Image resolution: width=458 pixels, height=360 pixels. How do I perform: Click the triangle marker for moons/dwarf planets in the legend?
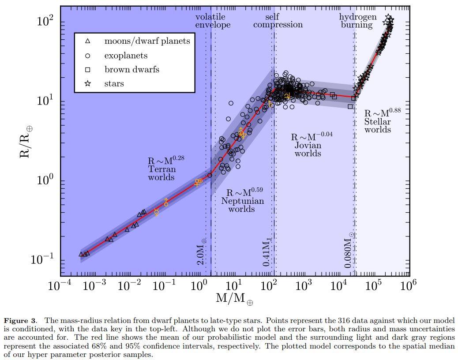click(87, 41)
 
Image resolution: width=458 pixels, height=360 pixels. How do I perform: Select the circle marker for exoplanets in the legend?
click(87, 56)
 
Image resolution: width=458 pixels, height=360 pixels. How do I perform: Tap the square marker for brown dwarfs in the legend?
click(87, 70)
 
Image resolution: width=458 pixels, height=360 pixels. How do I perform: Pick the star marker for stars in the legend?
click(87, 84)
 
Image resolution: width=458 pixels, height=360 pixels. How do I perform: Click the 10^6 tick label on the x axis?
click(408, 285)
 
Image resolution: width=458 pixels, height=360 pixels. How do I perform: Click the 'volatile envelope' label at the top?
click(213, 21)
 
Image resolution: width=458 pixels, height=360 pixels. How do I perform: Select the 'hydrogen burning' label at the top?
click(357, 21)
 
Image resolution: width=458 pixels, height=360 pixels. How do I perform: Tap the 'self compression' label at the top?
click(278, 21)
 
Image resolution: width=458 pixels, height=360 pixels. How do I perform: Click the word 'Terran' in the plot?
click(161, 169)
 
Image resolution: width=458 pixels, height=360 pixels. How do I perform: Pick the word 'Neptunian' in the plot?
click(242, 201)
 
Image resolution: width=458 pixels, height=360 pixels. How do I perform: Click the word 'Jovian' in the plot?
click(308, 145)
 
